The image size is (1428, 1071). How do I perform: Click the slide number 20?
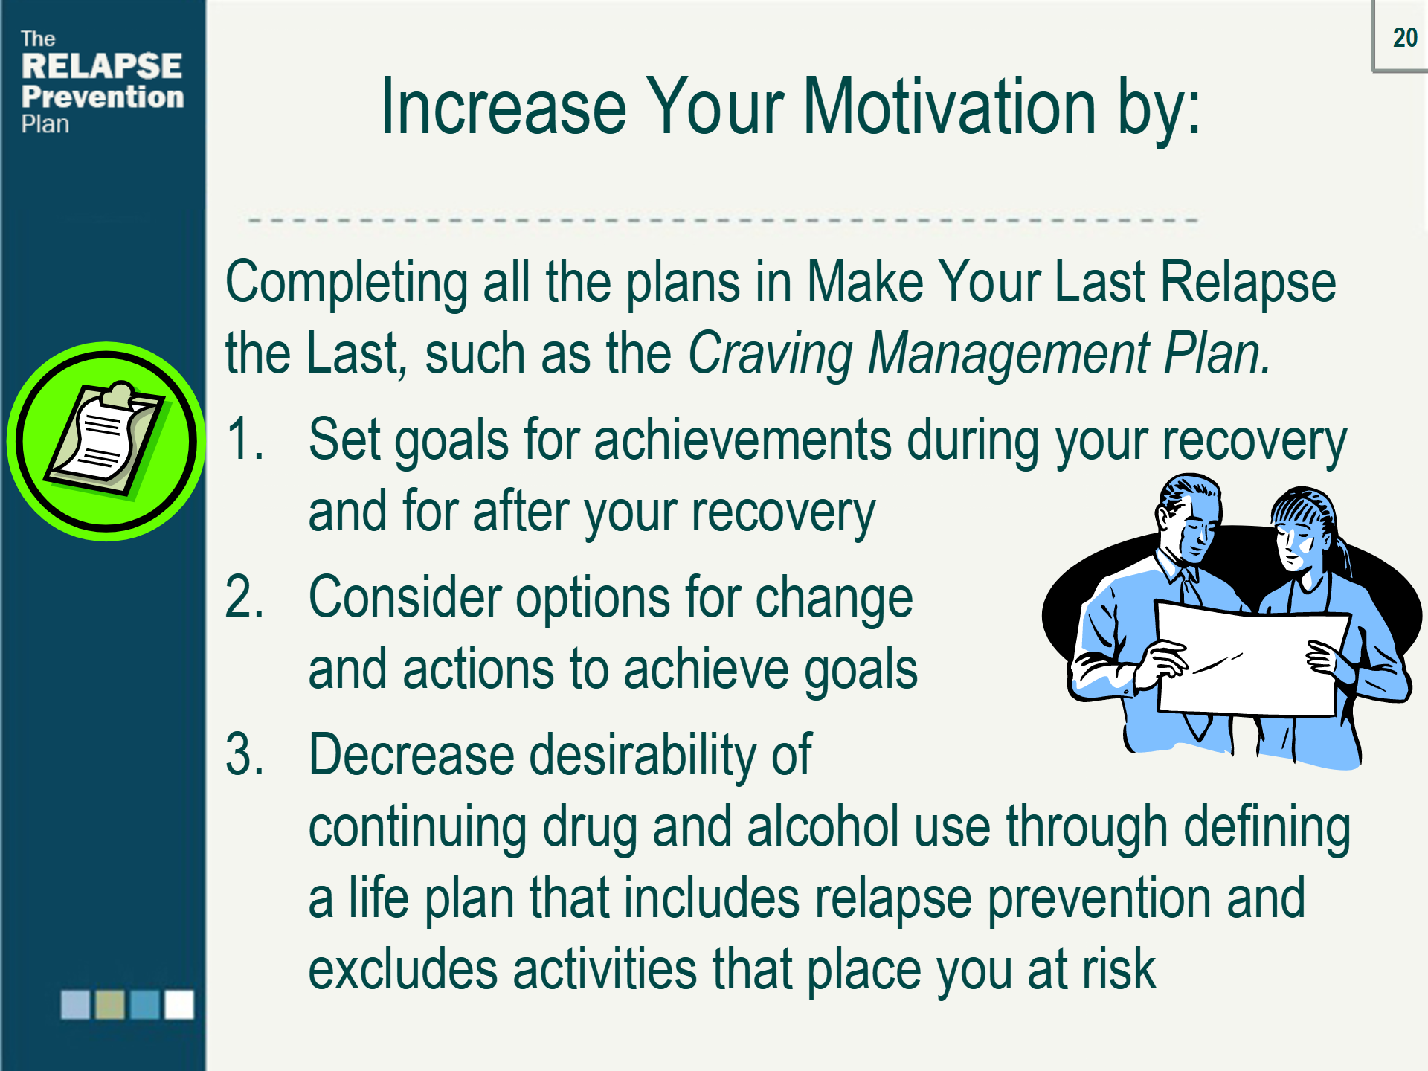click(x=1404, y=37)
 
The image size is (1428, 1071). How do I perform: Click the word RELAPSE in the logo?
click(x=101, y=66)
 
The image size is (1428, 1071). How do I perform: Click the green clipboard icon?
click(x=106, y=441)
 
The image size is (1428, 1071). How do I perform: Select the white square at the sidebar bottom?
click(x=179, y=1004)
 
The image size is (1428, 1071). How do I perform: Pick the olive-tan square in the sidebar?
click(x=110, y=1004)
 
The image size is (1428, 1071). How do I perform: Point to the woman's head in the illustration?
click(x=1302, y=528)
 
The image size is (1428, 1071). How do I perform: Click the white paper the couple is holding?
click(x=1249, y=662)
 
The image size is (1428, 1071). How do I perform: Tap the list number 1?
click(x=244, y=439)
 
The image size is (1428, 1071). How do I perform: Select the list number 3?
click(x=244, y=754)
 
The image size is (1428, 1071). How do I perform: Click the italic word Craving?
click(x=770, y=353)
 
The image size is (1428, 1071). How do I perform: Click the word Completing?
click(x=347, y=283)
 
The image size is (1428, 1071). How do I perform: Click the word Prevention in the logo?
click(x=103, y=97)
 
